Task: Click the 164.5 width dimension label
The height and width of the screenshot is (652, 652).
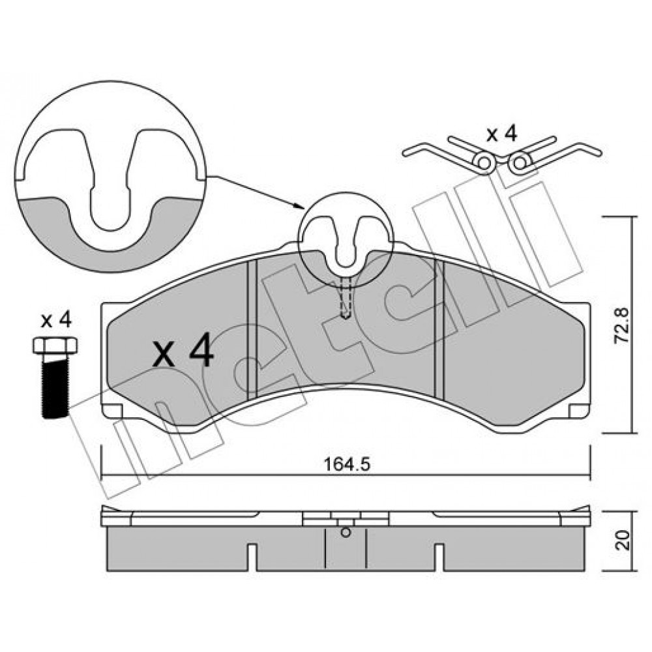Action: [x=347, y=464]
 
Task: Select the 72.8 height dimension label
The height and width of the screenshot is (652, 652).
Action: [x=623, y=325]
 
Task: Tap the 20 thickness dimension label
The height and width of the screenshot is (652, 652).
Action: [x=623, y=540]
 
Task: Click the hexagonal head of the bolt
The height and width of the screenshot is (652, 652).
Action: [x=55, y=345]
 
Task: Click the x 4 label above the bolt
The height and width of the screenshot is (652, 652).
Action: [x=56, y=321]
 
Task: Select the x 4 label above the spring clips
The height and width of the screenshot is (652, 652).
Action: [x=502, y=134]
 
